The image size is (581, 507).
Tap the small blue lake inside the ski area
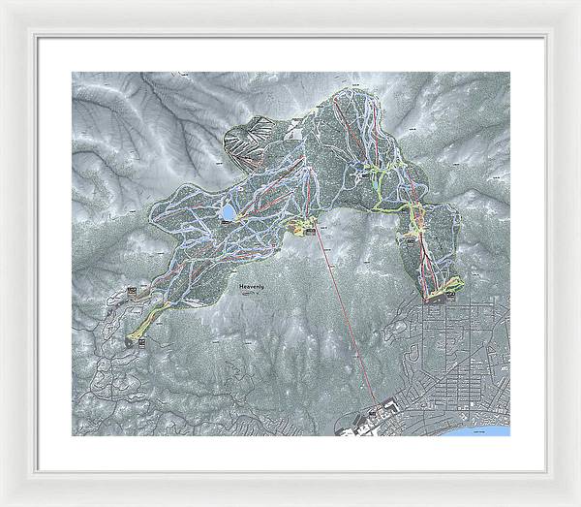click(229, 210)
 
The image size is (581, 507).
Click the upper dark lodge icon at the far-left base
click(133, 290)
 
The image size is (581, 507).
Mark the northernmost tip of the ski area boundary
click(350, 89)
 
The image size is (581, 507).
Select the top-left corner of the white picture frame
click(4, 4)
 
